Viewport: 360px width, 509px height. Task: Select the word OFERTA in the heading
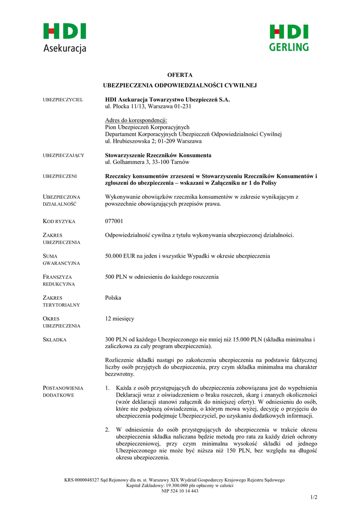click(180, 75)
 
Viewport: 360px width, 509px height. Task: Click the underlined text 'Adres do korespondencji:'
click(136, 120)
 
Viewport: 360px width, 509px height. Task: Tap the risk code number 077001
click(114, 221)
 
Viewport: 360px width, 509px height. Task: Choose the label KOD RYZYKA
click(59, 221)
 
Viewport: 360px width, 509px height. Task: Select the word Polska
click(113, 298)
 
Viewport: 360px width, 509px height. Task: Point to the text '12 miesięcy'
click(119, 318)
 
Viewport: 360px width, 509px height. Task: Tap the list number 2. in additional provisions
click(107, 429)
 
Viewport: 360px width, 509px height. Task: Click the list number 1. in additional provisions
click(107, 388)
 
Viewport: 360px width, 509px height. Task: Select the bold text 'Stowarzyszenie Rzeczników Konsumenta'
click(158, 155)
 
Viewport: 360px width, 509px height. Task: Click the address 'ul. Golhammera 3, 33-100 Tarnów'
click(147, 162)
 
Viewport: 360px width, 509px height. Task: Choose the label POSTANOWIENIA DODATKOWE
click(63, 391)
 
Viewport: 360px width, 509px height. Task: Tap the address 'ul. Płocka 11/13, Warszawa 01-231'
click(148, 106)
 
